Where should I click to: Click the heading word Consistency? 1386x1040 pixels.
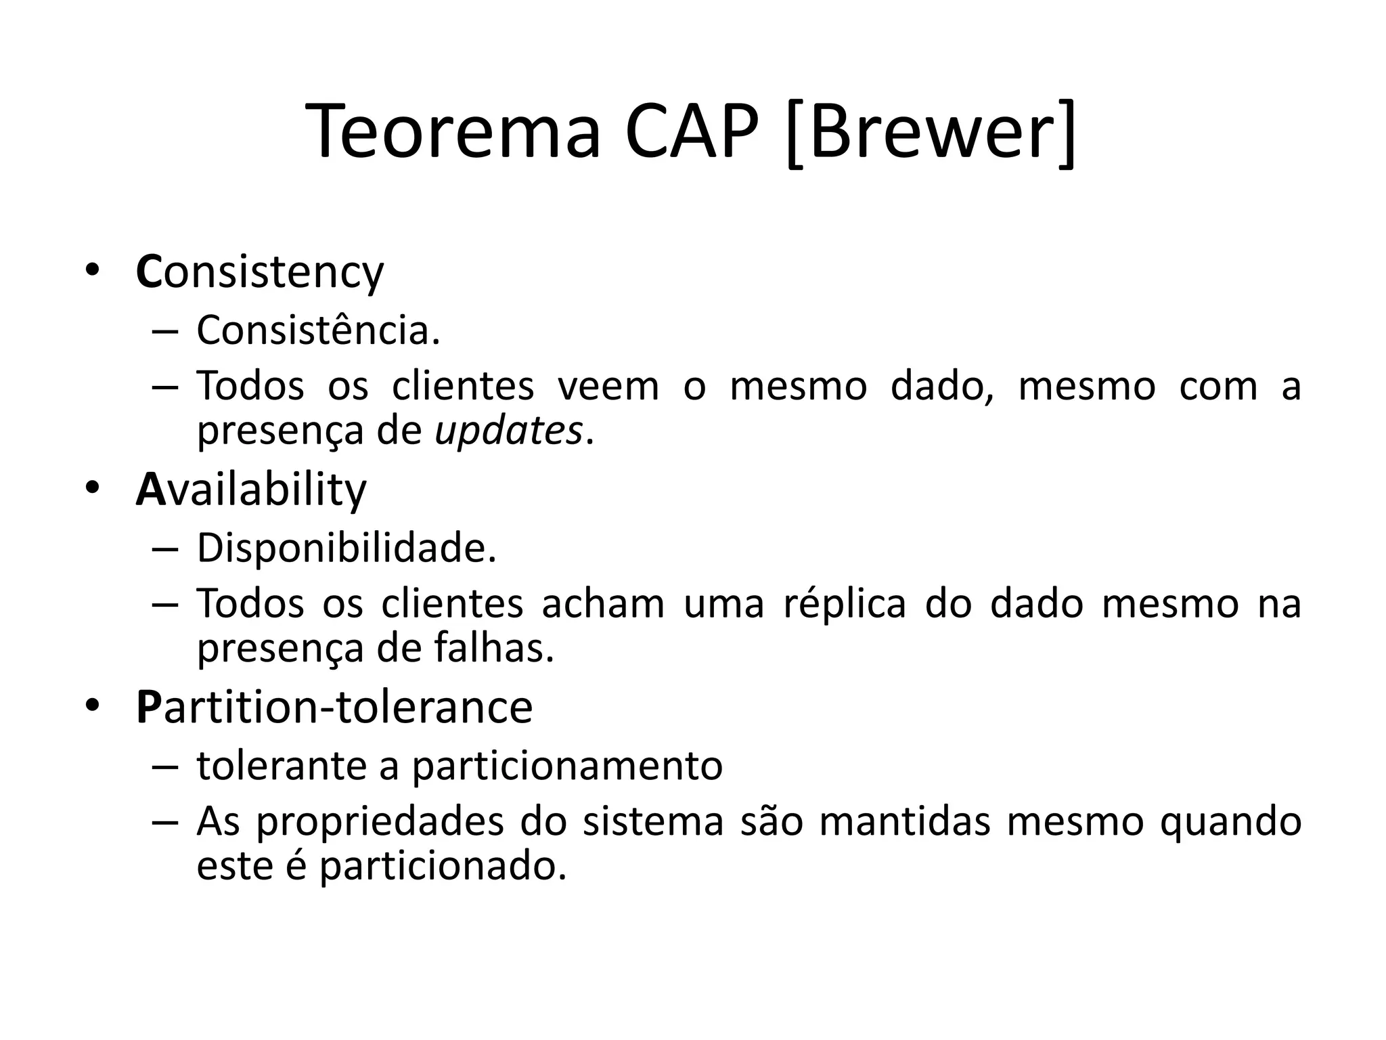click(x=260, y=273)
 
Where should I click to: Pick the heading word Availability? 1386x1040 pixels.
click(x=251, y=490)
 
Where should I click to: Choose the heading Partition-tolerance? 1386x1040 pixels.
click(x=334, y=708)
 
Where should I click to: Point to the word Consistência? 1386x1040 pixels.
click(x=318, y=331)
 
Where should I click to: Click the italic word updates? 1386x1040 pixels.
click(x=508, y=431)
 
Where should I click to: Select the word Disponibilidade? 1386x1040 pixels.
click(x=346, y=548)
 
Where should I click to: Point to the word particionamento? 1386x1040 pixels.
click(x=567, y=766)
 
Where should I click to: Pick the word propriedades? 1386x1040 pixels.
click(x=380, y=822)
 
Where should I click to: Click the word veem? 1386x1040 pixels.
click(x=608, y=387)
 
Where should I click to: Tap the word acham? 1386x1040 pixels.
click(x=603, y=603)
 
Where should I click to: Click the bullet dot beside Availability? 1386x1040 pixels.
click(x=92, y=487)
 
